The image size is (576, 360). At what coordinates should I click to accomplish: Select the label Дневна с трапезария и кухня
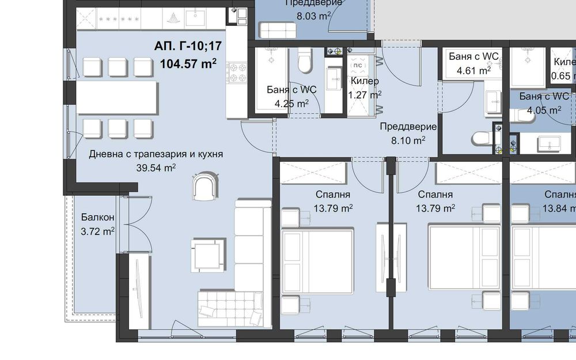click(156, 154)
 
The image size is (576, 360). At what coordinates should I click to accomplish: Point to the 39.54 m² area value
click(156, 168)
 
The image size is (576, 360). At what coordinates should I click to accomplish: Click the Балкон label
click(97, 218)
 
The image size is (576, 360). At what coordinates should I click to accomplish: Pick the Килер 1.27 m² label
click(363, 87)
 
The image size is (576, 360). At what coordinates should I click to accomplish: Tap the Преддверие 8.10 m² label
click(407, 133)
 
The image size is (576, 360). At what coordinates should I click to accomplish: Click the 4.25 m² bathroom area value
click(291, 104)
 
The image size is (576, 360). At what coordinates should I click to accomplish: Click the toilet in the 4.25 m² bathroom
click(305, 61)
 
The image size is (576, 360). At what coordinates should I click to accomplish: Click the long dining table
click(118, 98)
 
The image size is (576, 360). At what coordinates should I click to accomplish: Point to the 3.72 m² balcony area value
click(97, 232)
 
